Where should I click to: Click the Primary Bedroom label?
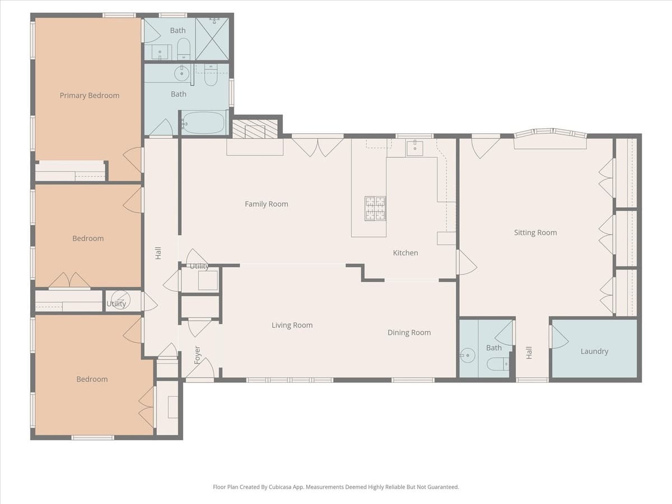(x=90, y=96)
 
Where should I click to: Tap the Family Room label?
(x=267, y=204)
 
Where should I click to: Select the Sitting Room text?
(x=535, y=233)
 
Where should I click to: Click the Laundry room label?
(x=594, y=352)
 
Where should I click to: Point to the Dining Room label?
(x=409, y=333)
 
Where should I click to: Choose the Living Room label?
(x=292, y=325)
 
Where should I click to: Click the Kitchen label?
(x=405, y=253)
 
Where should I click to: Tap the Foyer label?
(x=197, y=355)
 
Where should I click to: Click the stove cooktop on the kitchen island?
(x=375, y=208)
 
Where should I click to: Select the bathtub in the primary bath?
(x=203, y=123)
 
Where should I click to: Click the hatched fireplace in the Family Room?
(x=255, y=129)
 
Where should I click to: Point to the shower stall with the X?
(x=212, y=39)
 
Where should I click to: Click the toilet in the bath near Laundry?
(x=498, y=365)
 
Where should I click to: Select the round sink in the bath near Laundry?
(x=466, y=355)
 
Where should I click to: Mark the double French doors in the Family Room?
(x=318, y=146)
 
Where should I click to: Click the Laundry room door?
(x=560, y=337)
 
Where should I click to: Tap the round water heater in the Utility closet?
(x=119, y=299)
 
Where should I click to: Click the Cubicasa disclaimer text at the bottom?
(x=336, y=487)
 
